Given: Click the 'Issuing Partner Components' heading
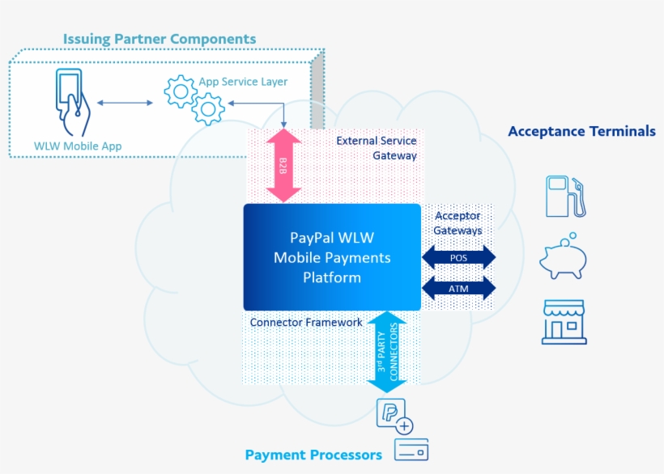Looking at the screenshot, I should [160, 39].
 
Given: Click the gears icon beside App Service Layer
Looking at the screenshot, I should [194, 99].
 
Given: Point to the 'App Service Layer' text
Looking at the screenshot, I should [243, 82].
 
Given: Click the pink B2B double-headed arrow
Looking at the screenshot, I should [283, 165].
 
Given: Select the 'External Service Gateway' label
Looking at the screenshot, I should [377, 148].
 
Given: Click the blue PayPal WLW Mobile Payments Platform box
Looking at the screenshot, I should [332, 257].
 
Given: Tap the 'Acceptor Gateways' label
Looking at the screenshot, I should [458, 223].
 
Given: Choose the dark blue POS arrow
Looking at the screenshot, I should [458, 258].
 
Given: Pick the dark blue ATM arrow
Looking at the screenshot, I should [458, 288].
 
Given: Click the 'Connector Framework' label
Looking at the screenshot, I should [306, 322].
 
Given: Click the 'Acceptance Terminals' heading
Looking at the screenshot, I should [581, 131].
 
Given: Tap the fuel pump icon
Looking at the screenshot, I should [564, 196].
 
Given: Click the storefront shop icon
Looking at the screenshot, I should [564, 322].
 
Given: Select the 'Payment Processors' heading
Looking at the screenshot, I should [313, 455].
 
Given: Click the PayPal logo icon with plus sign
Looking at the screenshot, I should [394, 416].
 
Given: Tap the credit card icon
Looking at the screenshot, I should [411, 450].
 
